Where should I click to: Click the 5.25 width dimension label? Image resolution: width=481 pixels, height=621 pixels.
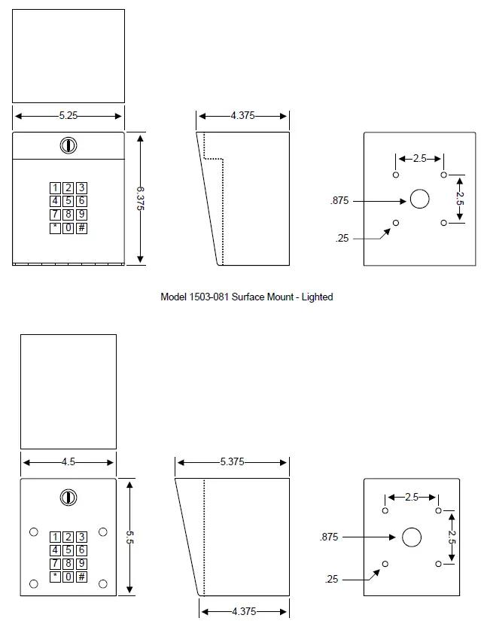[68, 116]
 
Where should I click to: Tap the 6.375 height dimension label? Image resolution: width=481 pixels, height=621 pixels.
[141, 199]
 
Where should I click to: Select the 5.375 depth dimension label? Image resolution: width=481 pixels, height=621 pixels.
[232, 462]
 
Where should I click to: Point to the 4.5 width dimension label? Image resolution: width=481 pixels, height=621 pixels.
[68, 462]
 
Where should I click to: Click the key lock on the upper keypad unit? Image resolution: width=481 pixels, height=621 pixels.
[68, 145]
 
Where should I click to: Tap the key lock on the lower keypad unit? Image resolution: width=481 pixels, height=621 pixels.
[68, 497]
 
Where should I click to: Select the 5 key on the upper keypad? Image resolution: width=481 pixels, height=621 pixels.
[68, 201]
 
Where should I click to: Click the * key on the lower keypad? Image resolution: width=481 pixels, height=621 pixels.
[55, 577]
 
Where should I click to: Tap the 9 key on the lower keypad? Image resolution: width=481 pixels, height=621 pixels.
[81, 564]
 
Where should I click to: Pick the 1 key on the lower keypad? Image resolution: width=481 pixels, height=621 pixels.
[55, 537]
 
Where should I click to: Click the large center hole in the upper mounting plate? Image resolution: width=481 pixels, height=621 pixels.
[419, 199]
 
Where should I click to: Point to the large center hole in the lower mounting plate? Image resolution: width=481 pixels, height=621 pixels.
[411, 537]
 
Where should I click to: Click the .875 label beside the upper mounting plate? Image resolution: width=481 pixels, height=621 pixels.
[339, 200]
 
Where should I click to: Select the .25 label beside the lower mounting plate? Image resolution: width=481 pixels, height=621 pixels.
[332, 579]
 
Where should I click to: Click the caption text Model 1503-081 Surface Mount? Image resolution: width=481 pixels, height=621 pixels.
[246, 297]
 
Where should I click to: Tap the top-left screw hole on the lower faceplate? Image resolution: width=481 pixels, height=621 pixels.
[33, 532]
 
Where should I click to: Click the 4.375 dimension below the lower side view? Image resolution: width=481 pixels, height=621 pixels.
[243, 611]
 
